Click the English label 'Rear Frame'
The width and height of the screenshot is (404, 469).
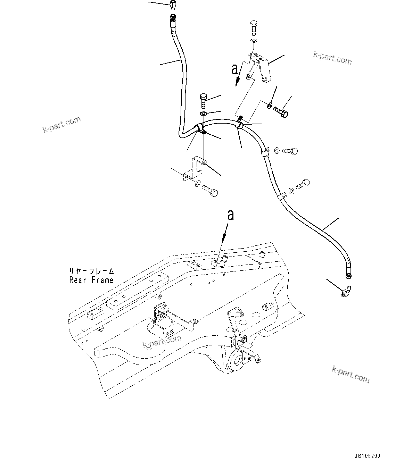pos(91,280)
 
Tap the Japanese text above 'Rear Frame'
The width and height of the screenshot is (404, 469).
pos(91,271)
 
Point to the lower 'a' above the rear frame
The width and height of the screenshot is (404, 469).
pos(230,215)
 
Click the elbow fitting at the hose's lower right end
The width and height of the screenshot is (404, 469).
pos(347,292)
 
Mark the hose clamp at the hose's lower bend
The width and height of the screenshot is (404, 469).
pos(200,128)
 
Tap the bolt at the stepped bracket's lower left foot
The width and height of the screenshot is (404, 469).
pos(210,191)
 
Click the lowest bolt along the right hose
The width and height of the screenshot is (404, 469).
pos(302,184)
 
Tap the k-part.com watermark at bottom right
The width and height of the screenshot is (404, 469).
pos(351,374)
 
